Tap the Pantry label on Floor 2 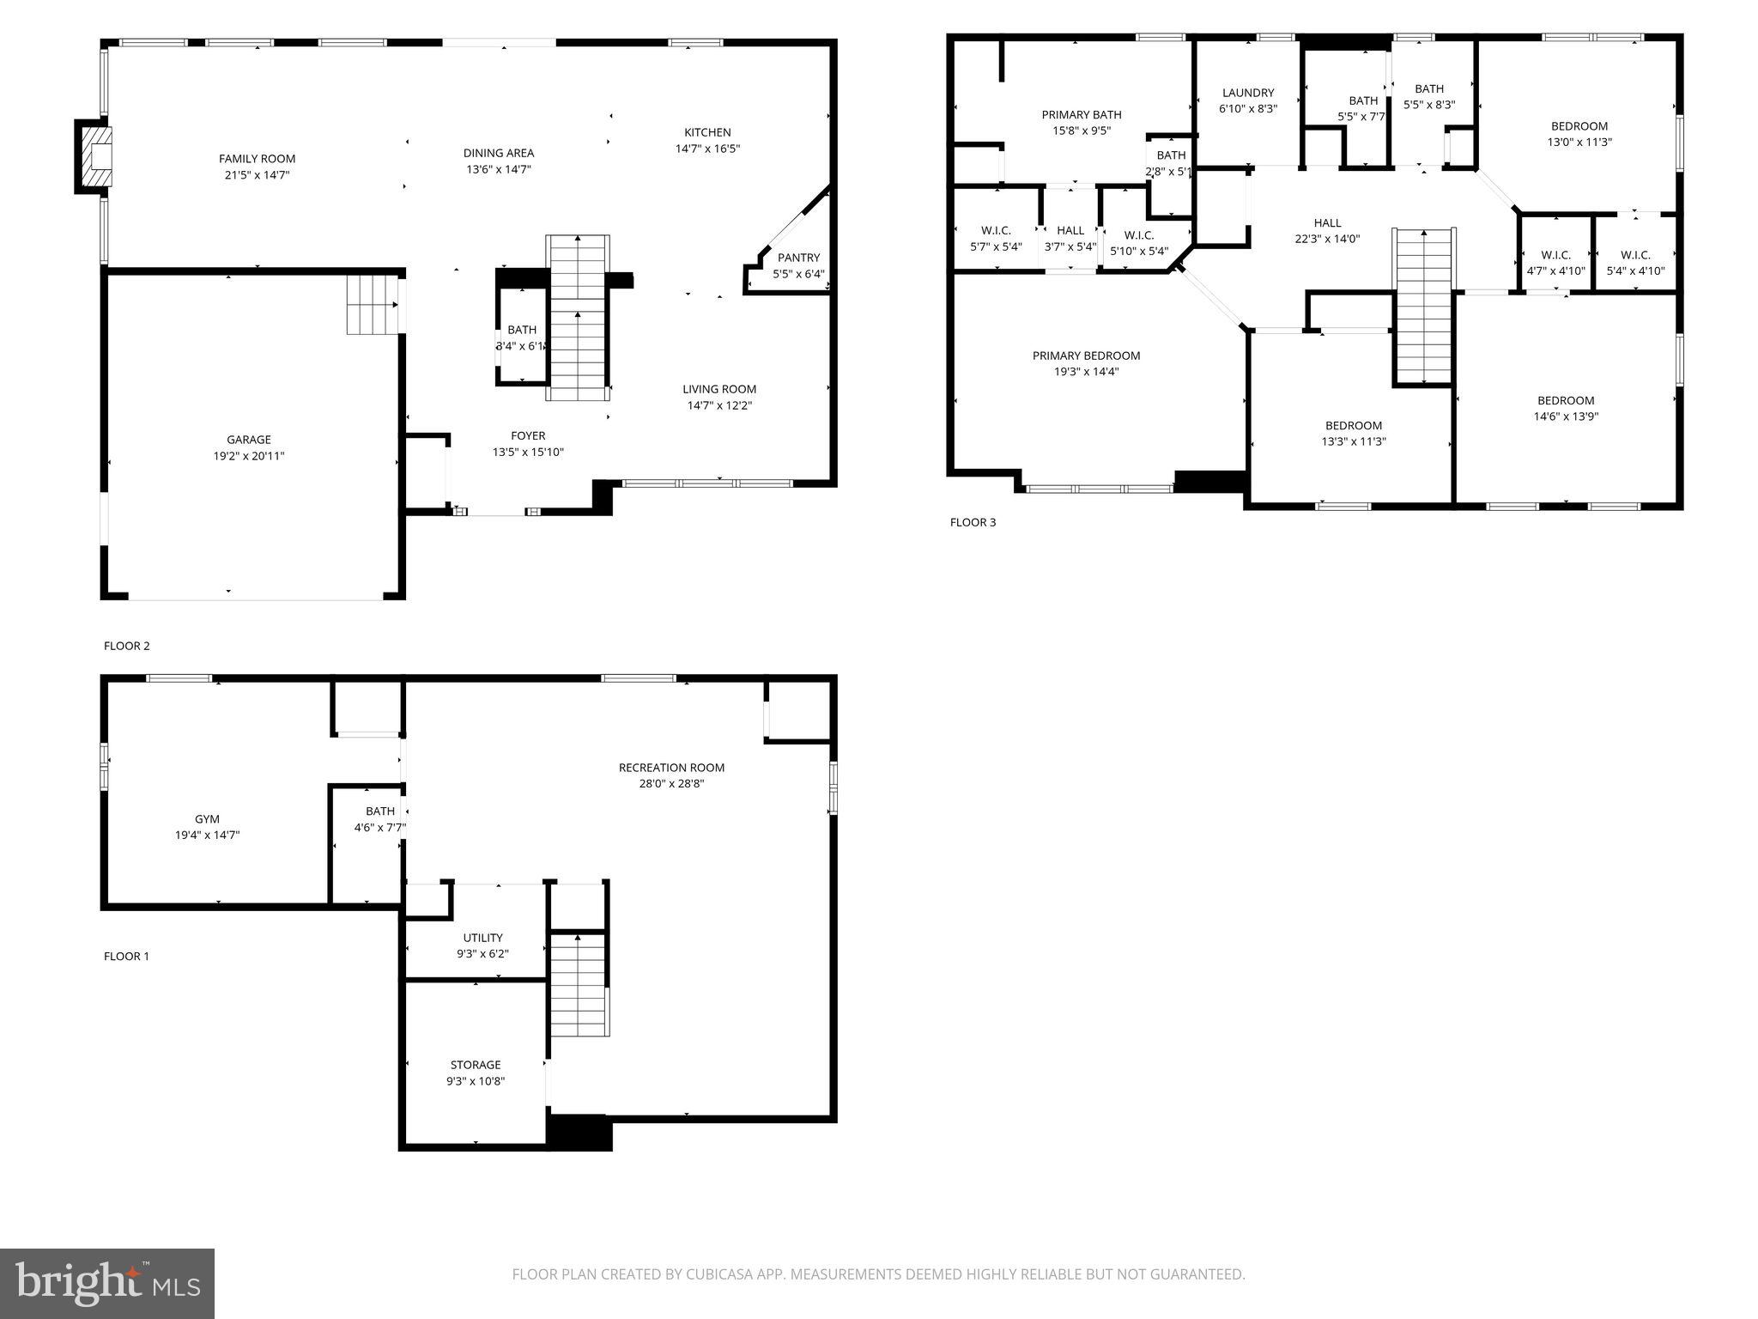[798, 258]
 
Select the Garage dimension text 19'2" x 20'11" [249, 456]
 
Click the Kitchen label [707, 132]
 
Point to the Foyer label [528, 435]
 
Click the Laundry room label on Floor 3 [1248, 93]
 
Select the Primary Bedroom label [1086, 356]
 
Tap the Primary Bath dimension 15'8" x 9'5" [1082, 131]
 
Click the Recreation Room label [671, 768]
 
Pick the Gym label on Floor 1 [207, 818]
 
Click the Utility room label [482, 938]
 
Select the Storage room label [476, 1065]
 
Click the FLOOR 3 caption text [973, 522]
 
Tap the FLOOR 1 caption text [126, 956]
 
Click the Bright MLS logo [107, 1284]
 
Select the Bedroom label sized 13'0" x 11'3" [1579, 126]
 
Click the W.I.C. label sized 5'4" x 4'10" [1635, 255]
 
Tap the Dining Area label [499, 153]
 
